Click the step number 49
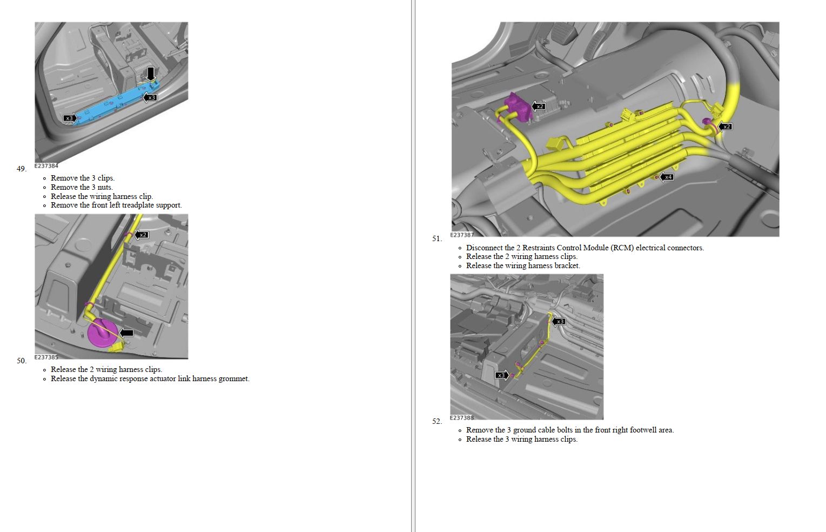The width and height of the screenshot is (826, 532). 22,169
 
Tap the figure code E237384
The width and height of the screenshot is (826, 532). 46,165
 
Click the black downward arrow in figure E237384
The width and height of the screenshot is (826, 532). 150,74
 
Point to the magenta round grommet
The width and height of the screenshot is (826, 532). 102,334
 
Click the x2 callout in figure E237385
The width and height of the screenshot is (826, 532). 142,235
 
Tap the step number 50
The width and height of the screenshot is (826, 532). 22,361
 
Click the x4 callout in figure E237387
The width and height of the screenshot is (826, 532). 667,177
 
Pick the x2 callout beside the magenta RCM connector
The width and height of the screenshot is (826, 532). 539,107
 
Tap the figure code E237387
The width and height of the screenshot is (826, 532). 462,235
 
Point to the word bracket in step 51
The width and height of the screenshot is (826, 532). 566,265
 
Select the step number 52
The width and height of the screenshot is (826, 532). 437,421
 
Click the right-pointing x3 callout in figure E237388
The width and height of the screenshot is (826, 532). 502,375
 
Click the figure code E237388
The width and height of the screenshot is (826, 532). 462,417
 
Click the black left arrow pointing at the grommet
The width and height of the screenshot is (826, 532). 126,333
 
